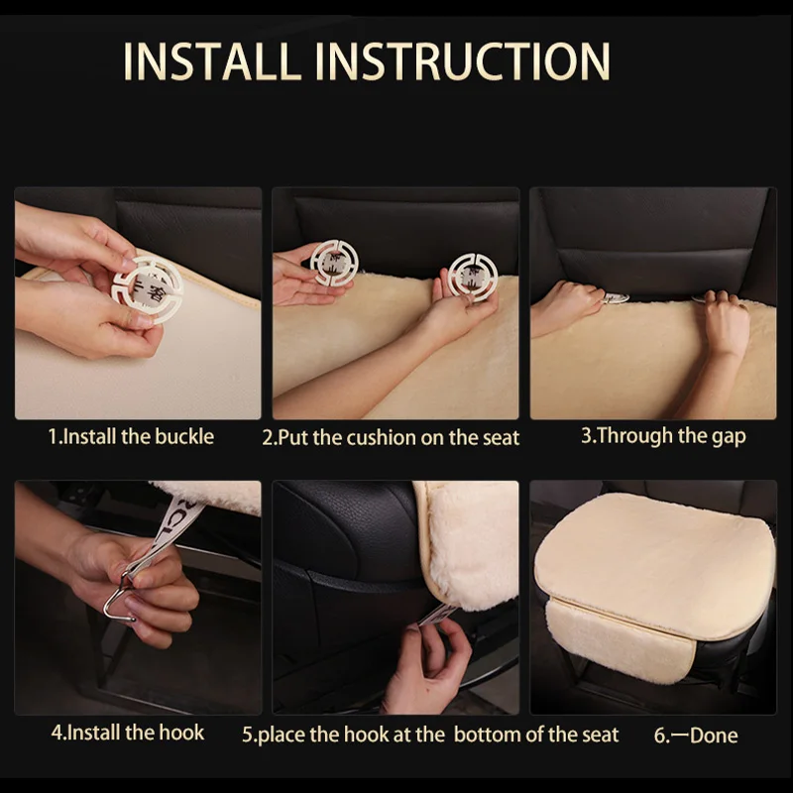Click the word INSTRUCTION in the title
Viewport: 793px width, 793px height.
462,60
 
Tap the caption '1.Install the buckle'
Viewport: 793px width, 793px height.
131,436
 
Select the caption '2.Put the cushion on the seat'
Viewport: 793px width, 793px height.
391,437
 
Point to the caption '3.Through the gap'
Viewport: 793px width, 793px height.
663,436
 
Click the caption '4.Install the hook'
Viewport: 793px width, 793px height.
128,733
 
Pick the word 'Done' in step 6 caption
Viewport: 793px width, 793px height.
714,736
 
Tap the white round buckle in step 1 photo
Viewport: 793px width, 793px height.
147,289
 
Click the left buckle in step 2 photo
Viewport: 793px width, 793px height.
334,263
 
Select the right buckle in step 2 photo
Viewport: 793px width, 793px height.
473,278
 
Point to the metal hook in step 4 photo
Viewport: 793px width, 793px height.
120,596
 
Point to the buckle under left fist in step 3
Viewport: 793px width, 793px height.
616,298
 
